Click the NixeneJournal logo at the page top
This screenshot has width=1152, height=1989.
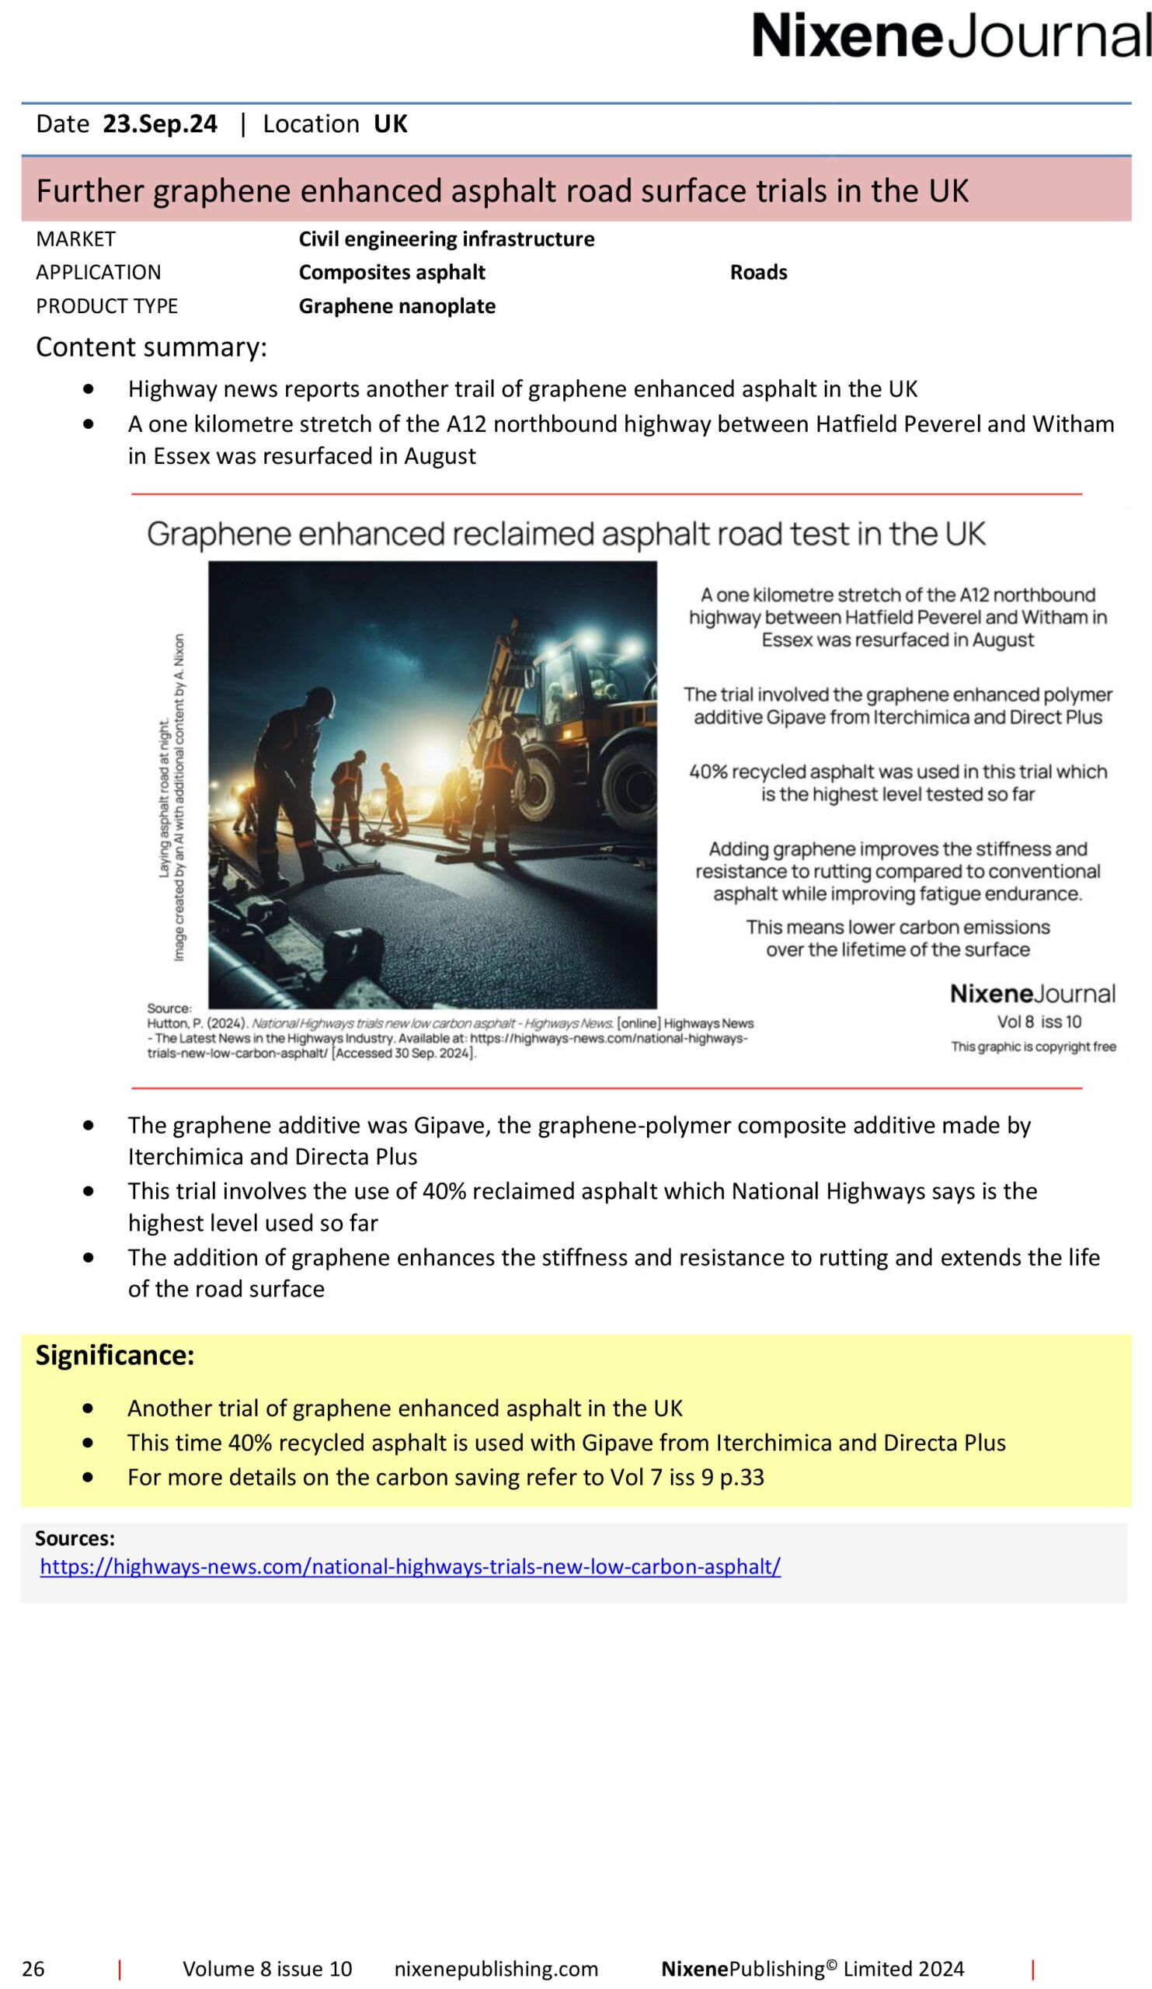pos(951,36)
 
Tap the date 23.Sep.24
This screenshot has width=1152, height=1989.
pos(160,124)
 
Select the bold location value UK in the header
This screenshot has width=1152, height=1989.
pos(390,124)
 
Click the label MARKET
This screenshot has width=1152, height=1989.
pos(76,239)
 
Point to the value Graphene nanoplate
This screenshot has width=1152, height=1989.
pos(397,306)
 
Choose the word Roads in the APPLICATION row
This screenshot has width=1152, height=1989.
pos(758,272)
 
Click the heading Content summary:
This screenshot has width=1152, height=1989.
pos(151,347)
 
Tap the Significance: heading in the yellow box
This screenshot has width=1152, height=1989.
pos(114,1356)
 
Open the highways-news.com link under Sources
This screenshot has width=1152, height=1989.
pos(410,1567)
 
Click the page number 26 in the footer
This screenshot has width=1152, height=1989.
pos(33,1969)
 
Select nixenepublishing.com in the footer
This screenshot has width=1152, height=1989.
pos(496,1969)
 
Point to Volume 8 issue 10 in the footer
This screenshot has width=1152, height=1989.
pos(267,1969)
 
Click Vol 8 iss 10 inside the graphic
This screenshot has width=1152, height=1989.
pos(1039,1022)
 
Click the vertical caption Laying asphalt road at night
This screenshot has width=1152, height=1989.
pos(164,797)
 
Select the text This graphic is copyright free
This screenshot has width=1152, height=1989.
pos(1033,1047)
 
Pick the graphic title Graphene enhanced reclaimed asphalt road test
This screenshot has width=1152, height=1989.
pos(566,535)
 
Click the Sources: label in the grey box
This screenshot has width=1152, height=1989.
pos(75,1538)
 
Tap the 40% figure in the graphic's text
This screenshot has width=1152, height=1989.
pos(708,772)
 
